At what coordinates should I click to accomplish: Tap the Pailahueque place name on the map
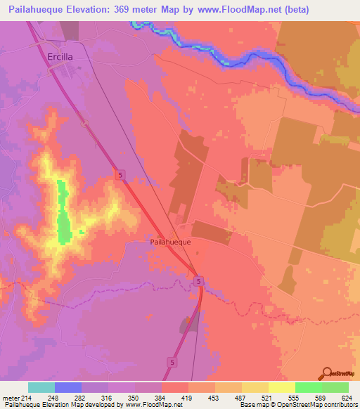171,240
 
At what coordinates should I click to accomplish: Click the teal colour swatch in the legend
41,387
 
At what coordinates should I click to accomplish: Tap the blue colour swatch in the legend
68,387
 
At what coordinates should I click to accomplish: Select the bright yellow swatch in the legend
281,387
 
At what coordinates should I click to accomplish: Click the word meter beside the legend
9,396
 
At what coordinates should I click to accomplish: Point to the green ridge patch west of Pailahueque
64,214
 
